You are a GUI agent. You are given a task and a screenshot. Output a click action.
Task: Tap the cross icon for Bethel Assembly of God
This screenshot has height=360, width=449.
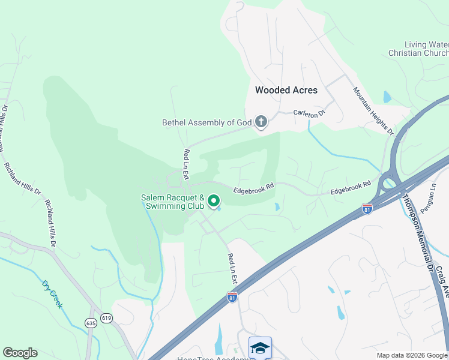tap(261, 122)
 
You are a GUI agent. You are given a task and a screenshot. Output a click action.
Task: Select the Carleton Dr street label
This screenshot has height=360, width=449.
tap(309, 112)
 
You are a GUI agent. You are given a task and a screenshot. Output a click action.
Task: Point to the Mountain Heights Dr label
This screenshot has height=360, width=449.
tap(373, 110)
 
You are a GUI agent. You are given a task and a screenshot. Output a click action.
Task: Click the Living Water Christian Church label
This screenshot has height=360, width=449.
tap(427, 49)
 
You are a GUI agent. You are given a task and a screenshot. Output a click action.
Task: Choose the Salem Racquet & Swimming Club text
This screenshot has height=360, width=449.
tap(173, 202)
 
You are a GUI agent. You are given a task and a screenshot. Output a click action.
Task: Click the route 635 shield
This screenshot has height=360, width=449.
tap(91, 322)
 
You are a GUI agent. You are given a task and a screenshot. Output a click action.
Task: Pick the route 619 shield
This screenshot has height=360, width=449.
tap(106, 318)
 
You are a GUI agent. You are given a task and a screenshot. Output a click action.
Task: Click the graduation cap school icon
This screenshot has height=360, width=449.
tap(261, 348)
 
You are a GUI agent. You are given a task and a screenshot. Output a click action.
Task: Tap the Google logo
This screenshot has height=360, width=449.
tap(20, 353)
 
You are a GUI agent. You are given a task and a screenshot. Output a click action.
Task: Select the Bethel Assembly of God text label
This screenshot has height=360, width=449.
tap(206, 122)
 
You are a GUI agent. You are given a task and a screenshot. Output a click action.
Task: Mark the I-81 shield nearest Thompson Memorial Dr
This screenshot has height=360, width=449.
tap(367, 208)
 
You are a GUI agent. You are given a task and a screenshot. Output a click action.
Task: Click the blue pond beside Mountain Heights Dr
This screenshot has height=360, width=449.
tap(387, 97)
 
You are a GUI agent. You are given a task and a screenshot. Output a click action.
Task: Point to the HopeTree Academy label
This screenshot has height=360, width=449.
tap(213, 358)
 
